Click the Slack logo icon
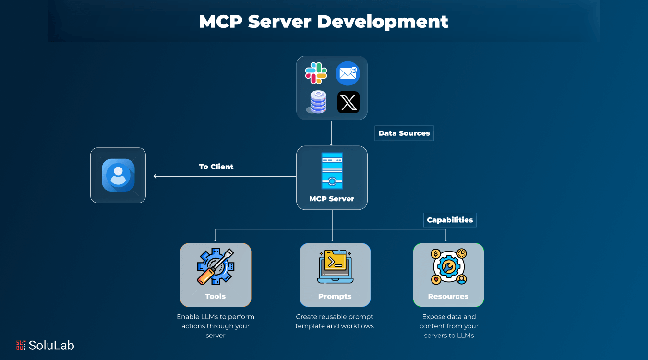(x=316, y=73)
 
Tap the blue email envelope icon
(x=348, y=73)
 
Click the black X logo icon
(x=348, y=102)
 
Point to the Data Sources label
(x=404, y=133)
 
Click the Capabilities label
(x=450, y=220)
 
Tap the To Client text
(x=216, y=167)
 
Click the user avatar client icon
(x=118, y=175)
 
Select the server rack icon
(x=332, y=171)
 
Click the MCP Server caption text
(x=332, y=199)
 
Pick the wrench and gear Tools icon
(x=216, y=266)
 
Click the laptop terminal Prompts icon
(x=335, y=266)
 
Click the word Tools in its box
(x=216, y=296)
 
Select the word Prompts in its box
(x=335, y=296)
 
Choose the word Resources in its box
(x=448, y=296)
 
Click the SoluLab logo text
(x=51, y=345)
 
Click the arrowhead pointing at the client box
(x=156, y=176)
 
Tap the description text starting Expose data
(x=449, y=326)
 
